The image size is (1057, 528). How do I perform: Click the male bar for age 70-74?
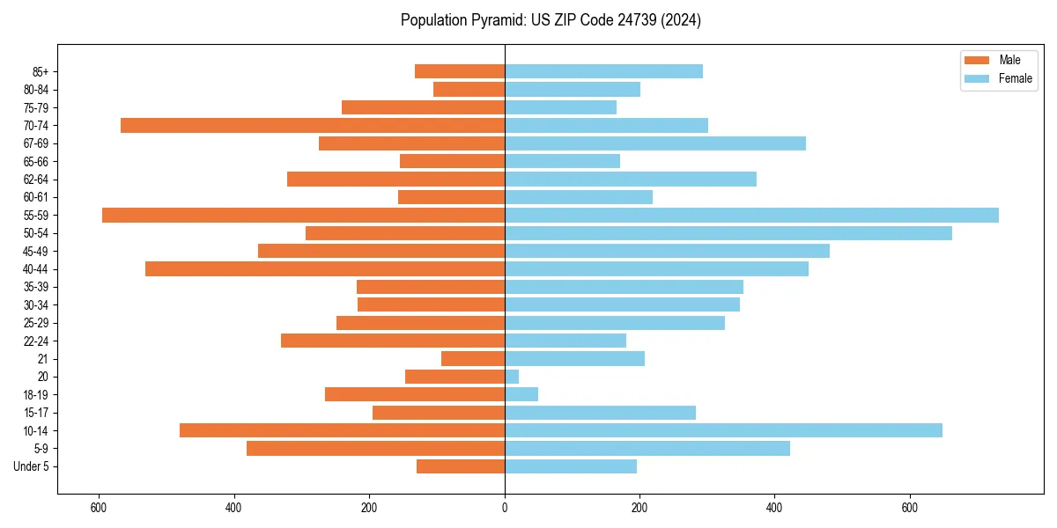point(313,126)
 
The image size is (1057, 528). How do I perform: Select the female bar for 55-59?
point(751,216)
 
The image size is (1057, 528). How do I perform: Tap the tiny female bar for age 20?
point(512,377)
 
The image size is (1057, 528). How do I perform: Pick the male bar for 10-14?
point(342,430)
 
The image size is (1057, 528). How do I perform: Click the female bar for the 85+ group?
point(603,71)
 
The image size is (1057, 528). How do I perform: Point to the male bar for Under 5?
point(461,466)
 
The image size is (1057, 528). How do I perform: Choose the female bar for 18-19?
point(521,394)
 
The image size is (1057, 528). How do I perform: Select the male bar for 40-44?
point(325,269)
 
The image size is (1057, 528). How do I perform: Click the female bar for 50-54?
point(728,233)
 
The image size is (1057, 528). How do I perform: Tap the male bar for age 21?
point(473,359)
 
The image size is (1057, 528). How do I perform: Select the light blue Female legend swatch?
point(977,78)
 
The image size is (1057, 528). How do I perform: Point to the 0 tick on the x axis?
point(505,508)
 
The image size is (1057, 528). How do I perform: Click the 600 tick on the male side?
point(99,508)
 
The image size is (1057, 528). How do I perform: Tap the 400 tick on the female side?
point(774,508)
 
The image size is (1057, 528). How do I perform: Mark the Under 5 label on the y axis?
point(31,466)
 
